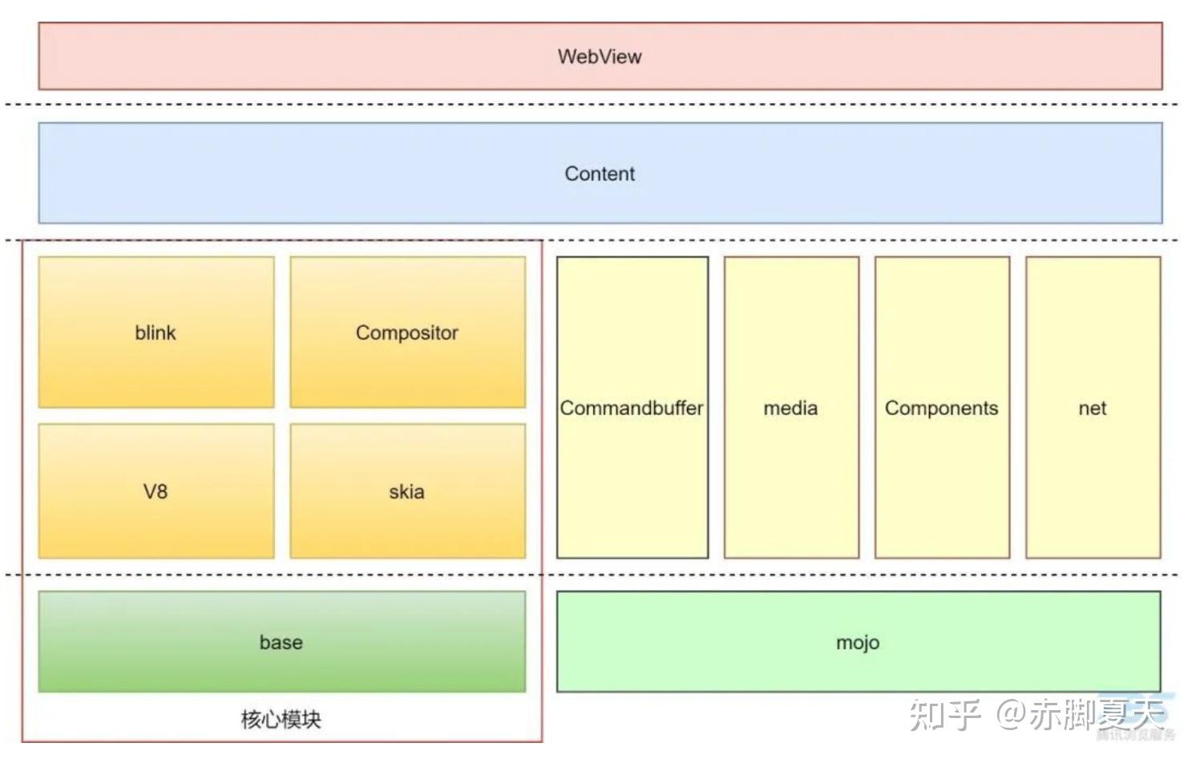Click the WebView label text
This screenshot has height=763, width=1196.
click(600, 57)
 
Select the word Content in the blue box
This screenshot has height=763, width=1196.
click(600, 174)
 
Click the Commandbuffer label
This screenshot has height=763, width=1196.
click(632, 408)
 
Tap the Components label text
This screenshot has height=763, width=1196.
click(942, 408)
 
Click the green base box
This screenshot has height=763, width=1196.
click(281, 665)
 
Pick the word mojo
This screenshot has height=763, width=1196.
click(858, 643)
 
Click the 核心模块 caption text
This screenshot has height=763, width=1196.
click(281, 719)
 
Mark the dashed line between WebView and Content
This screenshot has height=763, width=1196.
click(593, 104)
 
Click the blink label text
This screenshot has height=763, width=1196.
click(156, 333)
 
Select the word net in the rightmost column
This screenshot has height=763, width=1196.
click(1093, 408)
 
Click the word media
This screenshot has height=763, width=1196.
click(790, 408)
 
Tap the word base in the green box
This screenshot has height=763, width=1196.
click(281, 643)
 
